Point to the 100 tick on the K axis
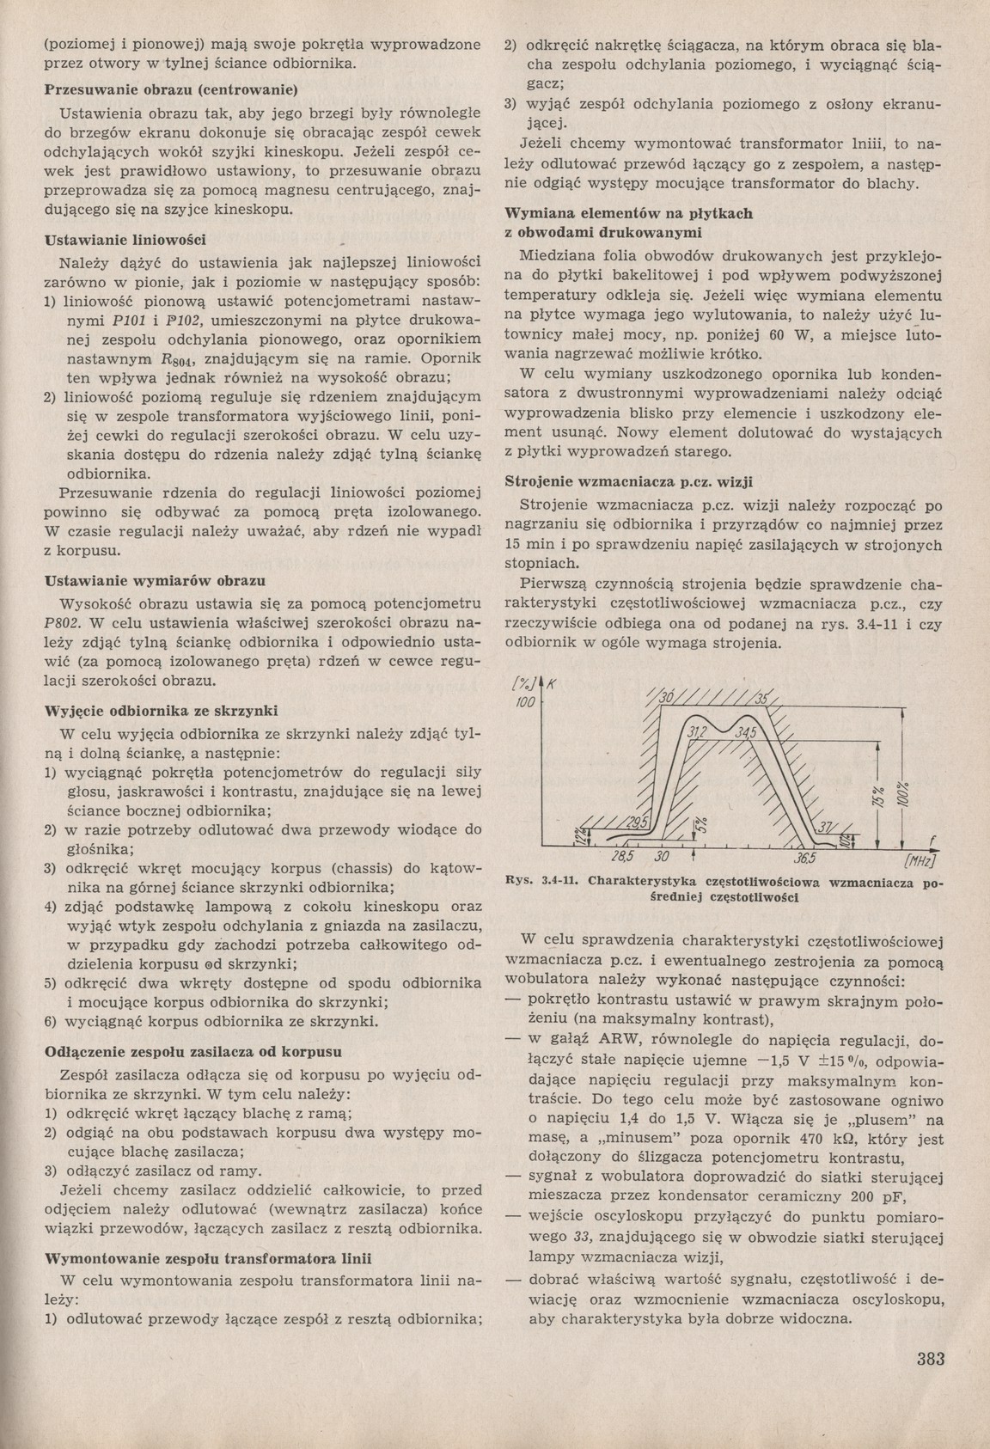(523, 703)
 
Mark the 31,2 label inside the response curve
(698, 731)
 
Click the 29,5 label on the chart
(638, 822)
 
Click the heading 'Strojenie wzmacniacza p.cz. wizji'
(634, 480)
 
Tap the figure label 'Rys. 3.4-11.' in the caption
(538, 882)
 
